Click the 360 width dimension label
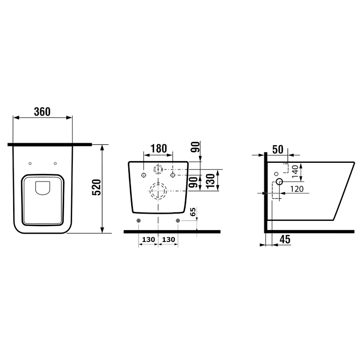[42, 112]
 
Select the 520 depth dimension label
[97, 187]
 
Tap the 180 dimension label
[158, 148]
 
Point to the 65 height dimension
[193, 212]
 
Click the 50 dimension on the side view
[278, 150]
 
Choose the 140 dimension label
[295, 171]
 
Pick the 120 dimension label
[297, 189]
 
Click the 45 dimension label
[285, 239]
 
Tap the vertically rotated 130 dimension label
[210, 181]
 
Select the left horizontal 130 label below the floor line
[148, 240]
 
